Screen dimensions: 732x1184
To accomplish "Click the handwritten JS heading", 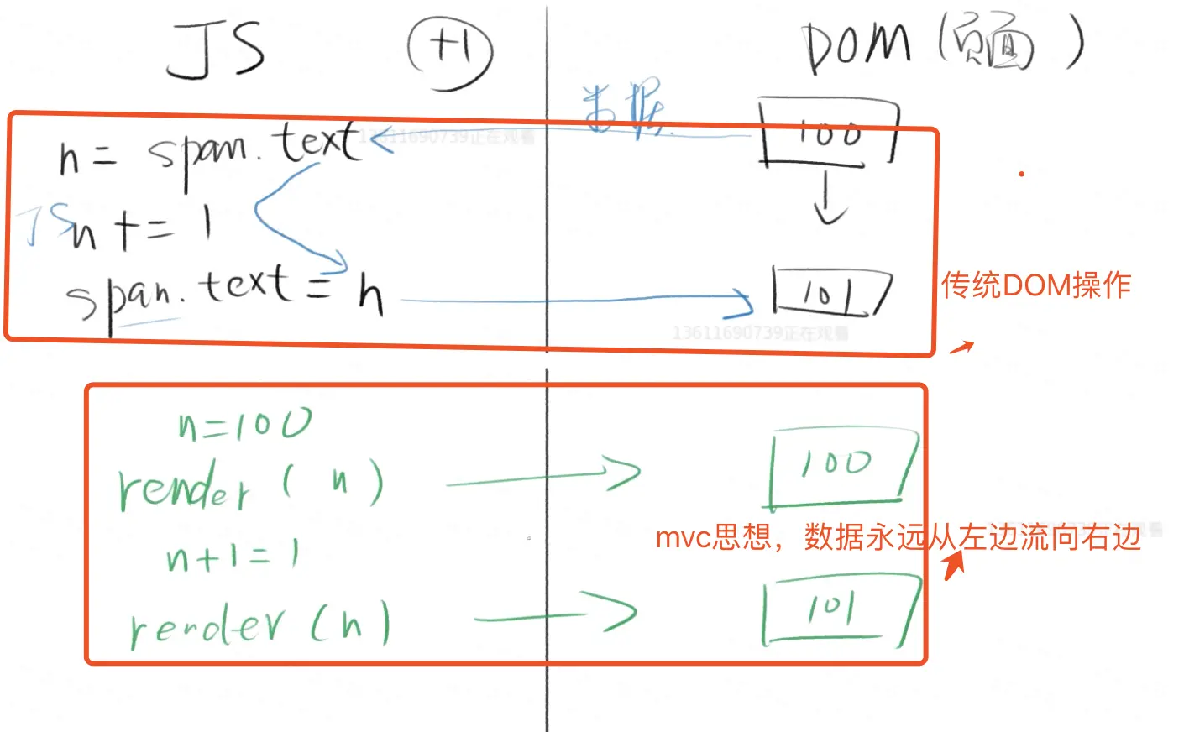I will click(216, 50).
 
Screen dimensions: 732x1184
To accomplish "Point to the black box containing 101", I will click(830, 292).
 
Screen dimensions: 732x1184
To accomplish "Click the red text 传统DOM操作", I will click(1036, 285).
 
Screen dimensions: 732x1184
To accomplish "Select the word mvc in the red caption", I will click(683, 537).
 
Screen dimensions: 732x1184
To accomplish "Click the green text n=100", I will click(244, 425).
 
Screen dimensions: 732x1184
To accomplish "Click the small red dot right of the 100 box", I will click(1021, 174).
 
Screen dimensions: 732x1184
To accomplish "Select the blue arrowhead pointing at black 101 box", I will click(743, 301).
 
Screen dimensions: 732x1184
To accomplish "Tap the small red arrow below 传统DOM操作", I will click(962, 347).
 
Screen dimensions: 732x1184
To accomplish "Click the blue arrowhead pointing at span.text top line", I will click(380, 139).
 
